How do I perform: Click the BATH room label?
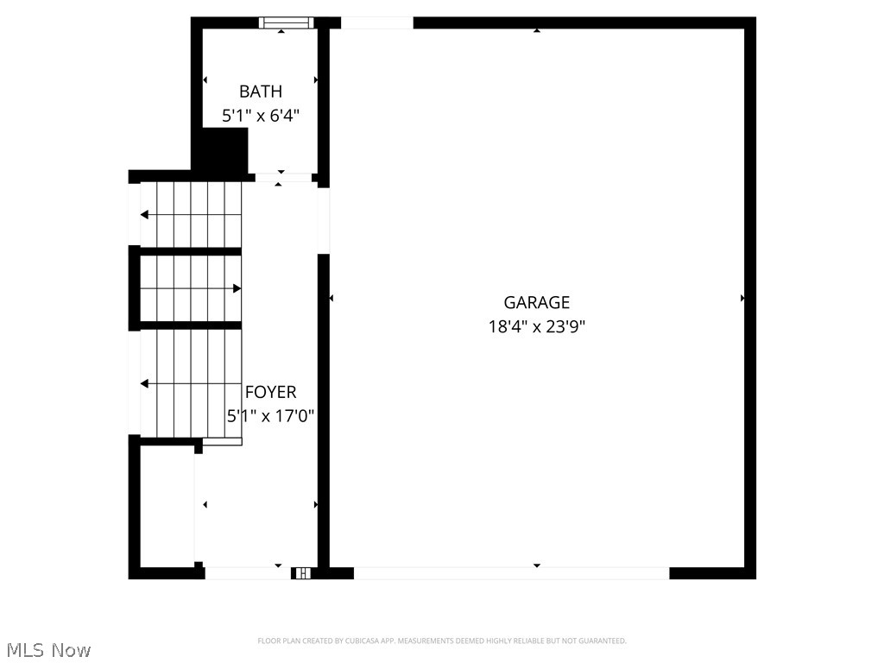[261, 92]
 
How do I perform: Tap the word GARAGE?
[536, 302]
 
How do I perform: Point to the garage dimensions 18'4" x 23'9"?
[536, 326]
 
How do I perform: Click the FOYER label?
[270, 392]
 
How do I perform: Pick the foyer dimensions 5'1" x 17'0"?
[270, 415]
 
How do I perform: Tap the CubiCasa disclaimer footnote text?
[441, 641]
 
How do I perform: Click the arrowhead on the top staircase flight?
[145, 215]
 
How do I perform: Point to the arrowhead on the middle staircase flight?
[237, 288]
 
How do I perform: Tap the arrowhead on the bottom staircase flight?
[145, 383]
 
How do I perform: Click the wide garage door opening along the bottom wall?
[511, 572]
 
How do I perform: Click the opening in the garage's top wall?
[376, 23]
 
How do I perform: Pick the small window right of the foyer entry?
[301, 572]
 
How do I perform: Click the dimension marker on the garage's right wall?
[742, 298]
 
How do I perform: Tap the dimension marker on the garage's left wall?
[331, 298]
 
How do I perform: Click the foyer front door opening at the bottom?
[246, 572]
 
